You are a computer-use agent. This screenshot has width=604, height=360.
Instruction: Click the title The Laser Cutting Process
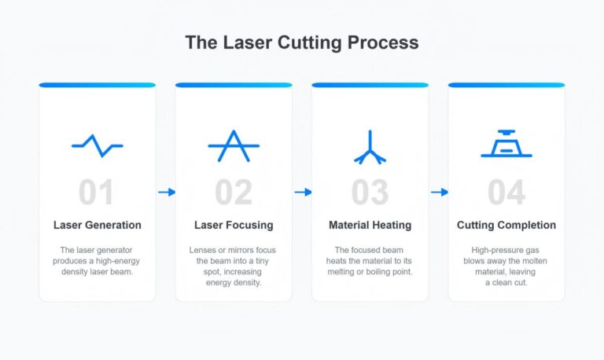[x=301, y=42]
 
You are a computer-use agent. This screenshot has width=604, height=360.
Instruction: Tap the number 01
[x=97, y=193]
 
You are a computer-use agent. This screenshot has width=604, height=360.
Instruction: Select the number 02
[x=234, y=193]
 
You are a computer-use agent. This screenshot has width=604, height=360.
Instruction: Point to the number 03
[x=370, y=193]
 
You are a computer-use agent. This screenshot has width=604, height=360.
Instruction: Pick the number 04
[x=506, y=193]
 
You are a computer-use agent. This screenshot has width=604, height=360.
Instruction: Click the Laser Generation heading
[x=98, y=225]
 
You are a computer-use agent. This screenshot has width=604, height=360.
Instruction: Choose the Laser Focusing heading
[x=234, y=225]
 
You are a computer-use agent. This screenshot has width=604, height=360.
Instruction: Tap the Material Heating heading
[x=370, y=225]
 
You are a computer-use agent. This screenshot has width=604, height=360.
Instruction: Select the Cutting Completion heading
[x=506, y=225]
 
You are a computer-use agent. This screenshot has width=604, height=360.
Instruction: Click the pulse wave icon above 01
[x=97, y=145]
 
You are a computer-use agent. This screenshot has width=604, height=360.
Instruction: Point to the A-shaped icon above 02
[x=234, y=145]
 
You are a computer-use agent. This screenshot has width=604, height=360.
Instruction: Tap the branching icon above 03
[x=370, y=147]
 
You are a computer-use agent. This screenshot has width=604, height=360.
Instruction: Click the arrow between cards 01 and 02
[x=166, y=192]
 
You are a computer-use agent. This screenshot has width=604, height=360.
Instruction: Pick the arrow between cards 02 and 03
[x=302, y=192]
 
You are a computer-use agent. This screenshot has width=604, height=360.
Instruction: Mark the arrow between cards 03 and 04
[x=439, y=192]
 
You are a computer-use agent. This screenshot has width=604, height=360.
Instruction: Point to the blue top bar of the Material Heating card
[x=370, y=85]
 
